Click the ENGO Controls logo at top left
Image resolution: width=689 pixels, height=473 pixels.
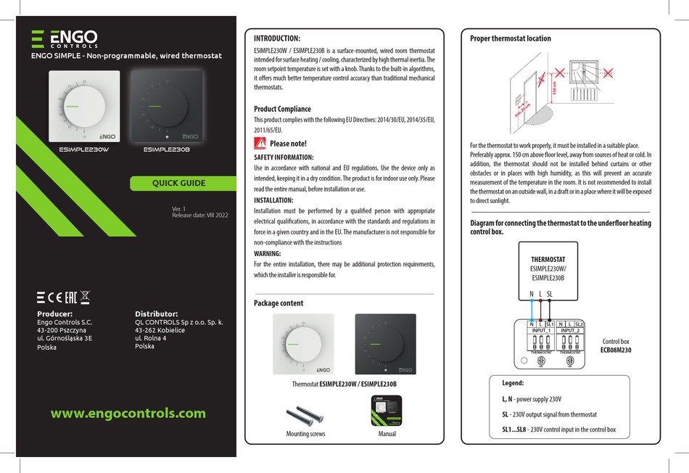coord(65,39)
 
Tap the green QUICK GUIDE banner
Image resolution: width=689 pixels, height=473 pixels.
coord(178,184)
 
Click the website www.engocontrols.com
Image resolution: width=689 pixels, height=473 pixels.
coord(128,414)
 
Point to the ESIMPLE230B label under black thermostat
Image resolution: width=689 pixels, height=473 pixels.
coord(166,150)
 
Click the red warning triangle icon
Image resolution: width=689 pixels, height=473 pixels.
coord(260,143)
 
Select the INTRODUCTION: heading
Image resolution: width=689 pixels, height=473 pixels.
coord(276,38)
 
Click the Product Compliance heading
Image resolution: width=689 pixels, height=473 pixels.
coord(282,109)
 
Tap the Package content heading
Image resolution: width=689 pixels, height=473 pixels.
coord(279,303)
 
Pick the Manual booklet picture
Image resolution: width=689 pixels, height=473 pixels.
coord(387,411)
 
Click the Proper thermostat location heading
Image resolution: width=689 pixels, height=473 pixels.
coord(511,38)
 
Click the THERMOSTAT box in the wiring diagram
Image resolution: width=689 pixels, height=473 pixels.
coord(548,268)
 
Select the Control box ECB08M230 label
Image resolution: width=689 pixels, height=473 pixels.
coord(616,345)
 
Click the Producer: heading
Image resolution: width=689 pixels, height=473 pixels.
coord(54,313)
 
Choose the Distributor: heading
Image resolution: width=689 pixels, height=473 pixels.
coord(157,313)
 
